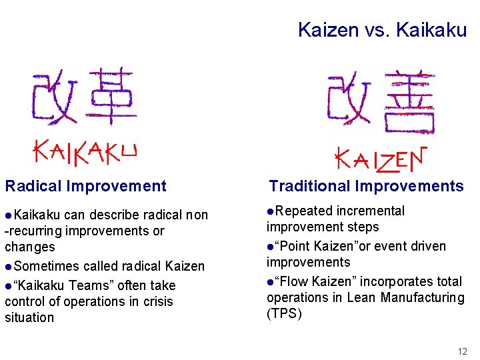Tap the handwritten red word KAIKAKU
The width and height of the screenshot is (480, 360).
(x=85, y=151)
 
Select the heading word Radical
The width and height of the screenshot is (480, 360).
(x=33, y=186)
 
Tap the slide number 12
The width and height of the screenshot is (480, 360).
(x=463, y=351)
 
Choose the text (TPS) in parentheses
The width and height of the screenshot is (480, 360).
(x=284, y=314)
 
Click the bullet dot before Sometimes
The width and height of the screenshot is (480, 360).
(x=8, y=267)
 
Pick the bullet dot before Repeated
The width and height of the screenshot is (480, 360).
(x=271, y=211)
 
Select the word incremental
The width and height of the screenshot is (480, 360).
(x=370, y=211)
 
